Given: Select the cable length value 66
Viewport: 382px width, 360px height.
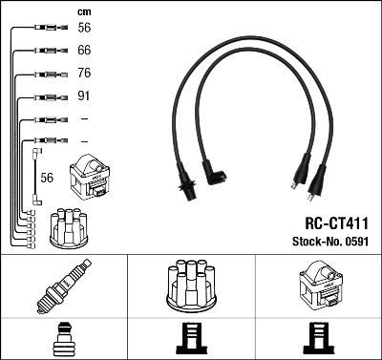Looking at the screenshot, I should pos(84,50).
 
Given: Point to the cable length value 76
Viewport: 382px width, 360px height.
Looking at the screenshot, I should pos(84,74).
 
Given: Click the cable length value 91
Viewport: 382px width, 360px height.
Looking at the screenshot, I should pos(84,96).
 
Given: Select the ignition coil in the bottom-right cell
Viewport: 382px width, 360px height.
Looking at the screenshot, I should pos(318,284).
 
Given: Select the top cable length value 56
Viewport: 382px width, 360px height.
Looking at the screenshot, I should pos(84,28).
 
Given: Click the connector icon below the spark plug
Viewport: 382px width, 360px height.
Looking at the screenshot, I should pos(63,338).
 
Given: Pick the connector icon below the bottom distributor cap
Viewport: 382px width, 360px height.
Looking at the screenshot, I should pos(191,338).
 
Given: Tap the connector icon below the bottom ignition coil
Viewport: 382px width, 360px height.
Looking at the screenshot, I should pos(318,338).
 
